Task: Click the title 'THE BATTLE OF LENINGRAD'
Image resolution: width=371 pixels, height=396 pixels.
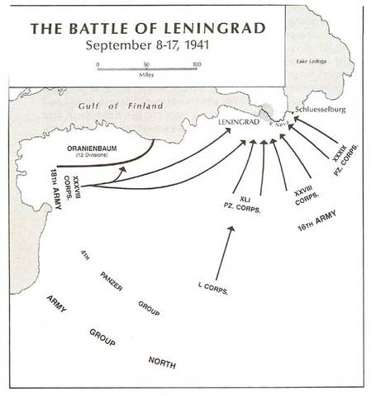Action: (x=148, y=29)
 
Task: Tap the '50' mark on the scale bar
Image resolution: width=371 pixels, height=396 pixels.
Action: (x=147, y=64)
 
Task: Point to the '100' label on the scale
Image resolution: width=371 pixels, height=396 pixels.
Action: (x=196, y=64)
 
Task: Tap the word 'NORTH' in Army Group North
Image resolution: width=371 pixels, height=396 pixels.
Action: (x=162, y=362)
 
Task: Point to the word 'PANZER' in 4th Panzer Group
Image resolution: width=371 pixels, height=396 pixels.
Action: (x=112, y=278)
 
